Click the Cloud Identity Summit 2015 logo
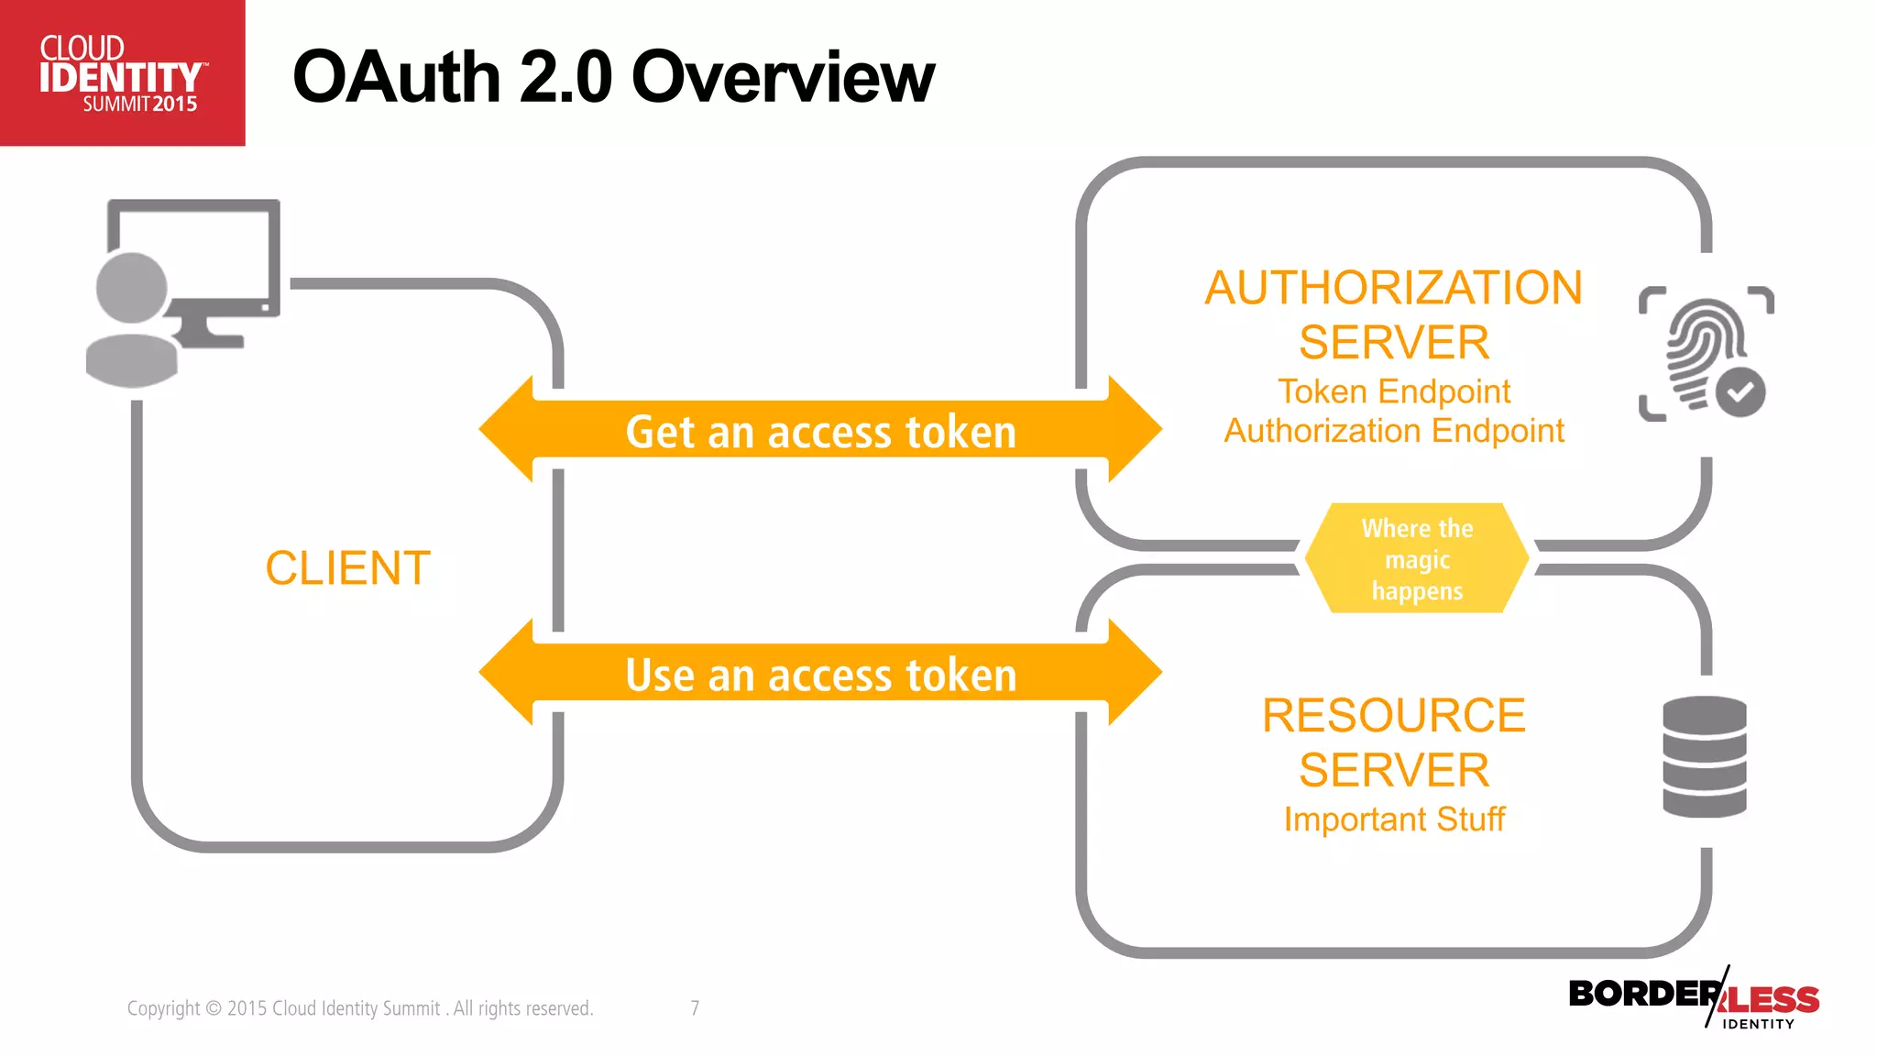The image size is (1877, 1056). pyautogui.click(x=122, y=73)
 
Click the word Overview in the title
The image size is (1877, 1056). pyautogui.click(x=783, y=77)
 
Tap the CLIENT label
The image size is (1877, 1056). pyautogui.click(x=347, y=568)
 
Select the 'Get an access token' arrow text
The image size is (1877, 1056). pyautogui.click(x=820, y=432)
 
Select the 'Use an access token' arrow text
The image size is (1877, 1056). pyautogui.click(x=820, y=676)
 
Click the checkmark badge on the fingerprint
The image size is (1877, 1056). pyautogui.click(x=1740, y=392)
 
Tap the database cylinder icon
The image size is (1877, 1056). pyautogui.click(x=1704, y=756)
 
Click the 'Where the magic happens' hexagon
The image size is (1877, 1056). pyautogui.click(x=1417, y=559)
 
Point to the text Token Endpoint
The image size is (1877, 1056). pyautogui.click(x=1393, y=391)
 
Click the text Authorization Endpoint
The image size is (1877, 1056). pyautogui.click(x=1393, y=431)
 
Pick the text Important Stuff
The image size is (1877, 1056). pyautogui.click(x=1393, y=819)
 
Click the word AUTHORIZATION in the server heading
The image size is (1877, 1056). pyautogui.click(x=1393, y=288)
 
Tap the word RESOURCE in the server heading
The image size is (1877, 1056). pyautogui.click(x=1393, y=715)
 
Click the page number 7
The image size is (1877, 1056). pyautogui.click(x=695, y=1008)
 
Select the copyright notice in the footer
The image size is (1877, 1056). pyautogui.click(x=360, y=1008)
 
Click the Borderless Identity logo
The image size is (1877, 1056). pyautogui.click(x=1694, y=999)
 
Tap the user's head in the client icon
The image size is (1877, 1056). pyautogui.click(x=132, y=288)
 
